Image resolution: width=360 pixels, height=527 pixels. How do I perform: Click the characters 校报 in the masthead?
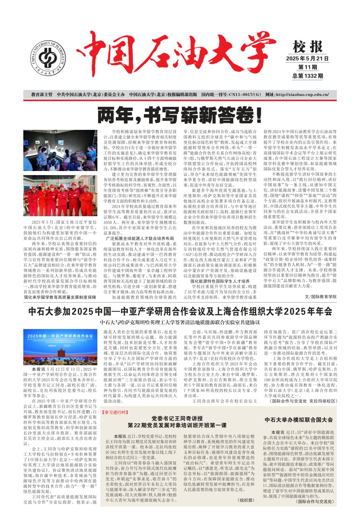pos(308,47)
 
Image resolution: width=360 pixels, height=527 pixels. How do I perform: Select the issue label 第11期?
pos(308,67)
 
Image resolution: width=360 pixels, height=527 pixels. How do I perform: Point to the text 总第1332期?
pos(308,76)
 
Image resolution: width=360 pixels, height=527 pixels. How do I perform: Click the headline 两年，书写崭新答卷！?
pos(180,115)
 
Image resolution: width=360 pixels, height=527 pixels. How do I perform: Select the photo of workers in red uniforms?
pos(60,196)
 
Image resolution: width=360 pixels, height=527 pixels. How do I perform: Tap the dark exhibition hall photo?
pos(60,150)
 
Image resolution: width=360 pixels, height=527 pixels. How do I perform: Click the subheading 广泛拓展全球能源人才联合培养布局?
pos(140,238)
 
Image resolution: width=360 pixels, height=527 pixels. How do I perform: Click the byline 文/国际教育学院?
pos(321,297)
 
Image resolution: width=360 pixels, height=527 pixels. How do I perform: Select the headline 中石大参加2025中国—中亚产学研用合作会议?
pos(180,311)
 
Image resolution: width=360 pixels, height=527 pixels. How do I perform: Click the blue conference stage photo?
pos(60,347)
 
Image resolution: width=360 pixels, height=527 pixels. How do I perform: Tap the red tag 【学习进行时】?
pos(115,413)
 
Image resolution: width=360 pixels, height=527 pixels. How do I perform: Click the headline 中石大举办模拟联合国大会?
pos(299,420)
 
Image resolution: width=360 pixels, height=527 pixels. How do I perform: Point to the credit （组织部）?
pos(246,500)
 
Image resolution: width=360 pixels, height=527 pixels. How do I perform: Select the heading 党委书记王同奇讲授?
pos(177,419)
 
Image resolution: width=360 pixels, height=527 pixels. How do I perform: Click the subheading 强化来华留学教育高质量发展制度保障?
pos(60,297)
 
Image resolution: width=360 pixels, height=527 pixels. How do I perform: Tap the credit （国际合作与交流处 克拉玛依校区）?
pos(302,401)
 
